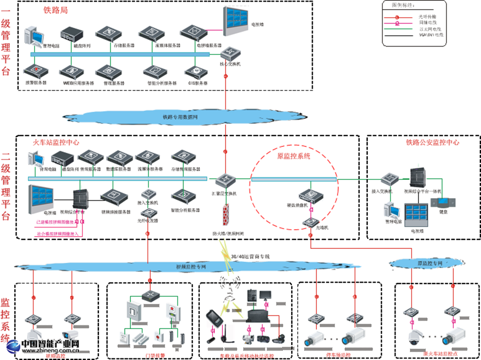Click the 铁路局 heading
click(56, 10)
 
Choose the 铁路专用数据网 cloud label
click(180, 116)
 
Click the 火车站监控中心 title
click(57, 143)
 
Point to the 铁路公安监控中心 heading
click(432, 143)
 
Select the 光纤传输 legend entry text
click(427, 18)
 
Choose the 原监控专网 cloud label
click(429, 264)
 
